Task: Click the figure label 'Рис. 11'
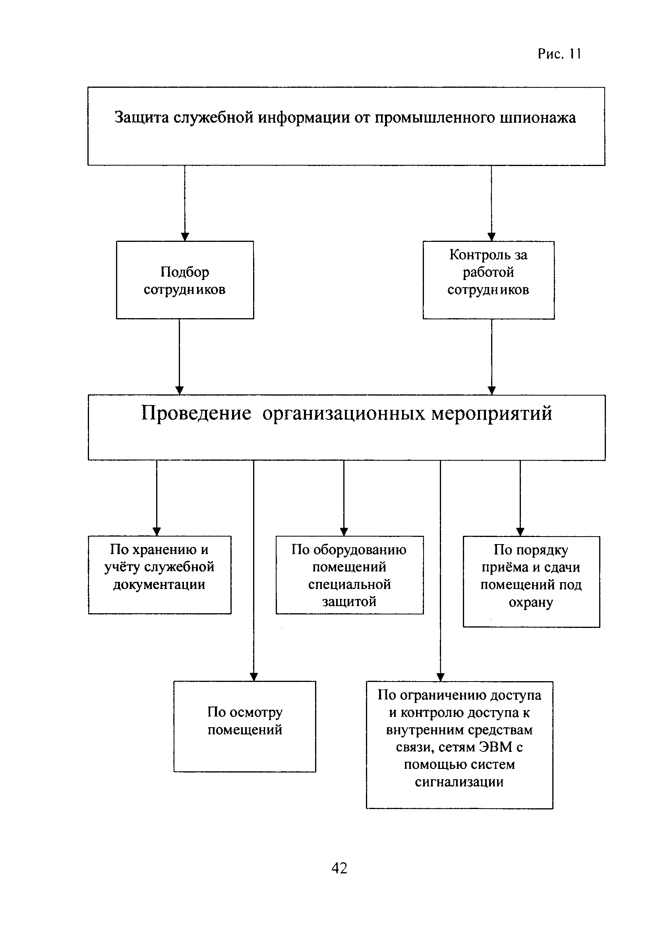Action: [x=559, y=54]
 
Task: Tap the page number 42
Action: [x=339, y=868]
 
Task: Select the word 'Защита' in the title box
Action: [x=142, y=118]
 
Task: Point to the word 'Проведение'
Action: [x=196, y=413]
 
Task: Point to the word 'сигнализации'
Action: [x=459, y=782]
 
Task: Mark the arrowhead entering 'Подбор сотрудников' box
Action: [x=185, y=237]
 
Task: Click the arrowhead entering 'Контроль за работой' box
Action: [x=491, y=237]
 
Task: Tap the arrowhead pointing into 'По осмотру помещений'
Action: [x=253, y=677]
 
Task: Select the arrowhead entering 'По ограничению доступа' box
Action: [x=441, y=677]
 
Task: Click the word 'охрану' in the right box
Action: [x=531, y=603]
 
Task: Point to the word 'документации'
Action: [x=159, y=585]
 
